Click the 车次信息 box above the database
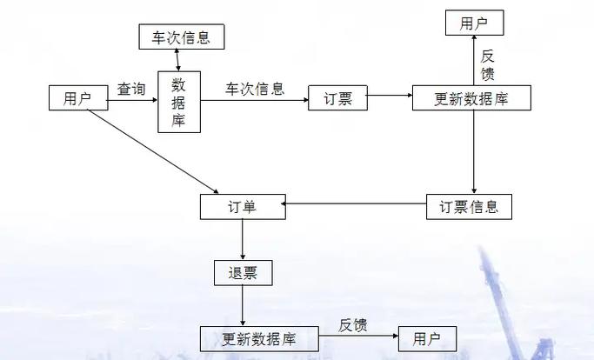pyautogui.click(x=182, y=37)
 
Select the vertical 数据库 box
pyautogui.click(x=179, y=102)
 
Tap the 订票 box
pyautogui.click(x=338, y=99)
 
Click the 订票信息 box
pyautogui.click(x=469, y=207)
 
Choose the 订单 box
pyautogui.click(x=243, y=207)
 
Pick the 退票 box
pyautogui.click(x=243, y=273)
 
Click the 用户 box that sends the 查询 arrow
pyautogui.click(x=77, y=99)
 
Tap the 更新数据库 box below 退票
pyautogui.click(x=259, y=338)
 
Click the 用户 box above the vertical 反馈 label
pyautogui.click(x=474, y=23)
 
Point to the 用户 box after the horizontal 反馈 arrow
pyautogui.click(x=426, y=338)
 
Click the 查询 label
pyautogui.click(x=132, y=89)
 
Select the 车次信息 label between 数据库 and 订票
pyautogui.click(x=254, y=89)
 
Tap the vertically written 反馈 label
pyautogui.click(x=488, y=63)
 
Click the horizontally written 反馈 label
pyautogui.click(x=353, y=326)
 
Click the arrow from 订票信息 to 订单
pyautogui.click(x=356, y=205)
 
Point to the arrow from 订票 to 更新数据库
pyautogui.click(x=390, y=99)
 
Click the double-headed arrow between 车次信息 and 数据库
pyautogui.click(x=177, y=60)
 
